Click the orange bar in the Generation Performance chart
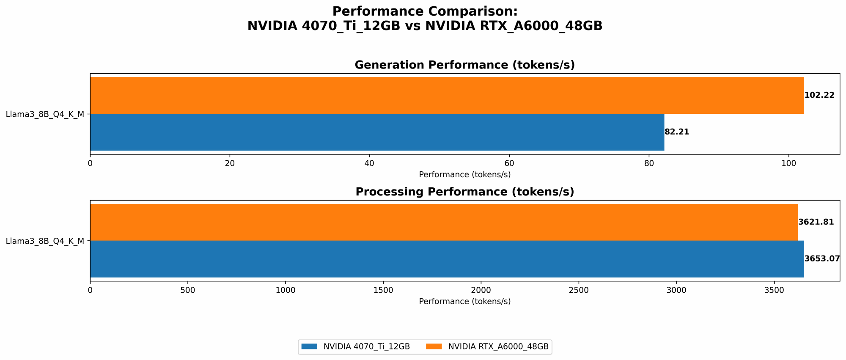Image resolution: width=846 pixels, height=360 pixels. [x=447, y=95]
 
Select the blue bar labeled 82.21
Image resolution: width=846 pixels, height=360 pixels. [x=377, y=132]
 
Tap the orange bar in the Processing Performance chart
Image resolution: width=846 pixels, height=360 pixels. [x=444, y=222]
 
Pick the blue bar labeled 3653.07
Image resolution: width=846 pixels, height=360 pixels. [x=447, y=259]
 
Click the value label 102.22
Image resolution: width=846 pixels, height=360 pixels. [x=819, y=95]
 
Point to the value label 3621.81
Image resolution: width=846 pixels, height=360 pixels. [x=816, y=222]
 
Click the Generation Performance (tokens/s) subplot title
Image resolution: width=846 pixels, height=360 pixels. [x=464, y=65]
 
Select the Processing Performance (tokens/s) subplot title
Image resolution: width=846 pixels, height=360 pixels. [x=464, y=192]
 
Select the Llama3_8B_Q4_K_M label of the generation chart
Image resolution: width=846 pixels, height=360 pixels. [x=45, y=114]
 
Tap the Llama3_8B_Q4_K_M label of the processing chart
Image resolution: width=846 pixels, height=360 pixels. [x=45, y=241]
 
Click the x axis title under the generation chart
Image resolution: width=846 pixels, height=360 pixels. [x=464, y=174]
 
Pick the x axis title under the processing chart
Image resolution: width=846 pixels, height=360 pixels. [x=464, y=302]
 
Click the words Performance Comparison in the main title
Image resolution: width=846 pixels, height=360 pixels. [x=425, y=11]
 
